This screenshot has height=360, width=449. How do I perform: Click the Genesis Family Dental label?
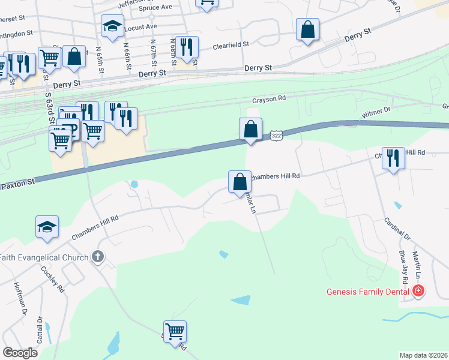[368, 292]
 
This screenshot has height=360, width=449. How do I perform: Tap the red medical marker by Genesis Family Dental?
[418, 292]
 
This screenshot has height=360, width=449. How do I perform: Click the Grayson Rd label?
[268, 101]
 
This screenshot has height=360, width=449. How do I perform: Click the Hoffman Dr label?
[20, 299]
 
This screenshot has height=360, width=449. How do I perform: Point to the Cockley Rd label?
[53, 278]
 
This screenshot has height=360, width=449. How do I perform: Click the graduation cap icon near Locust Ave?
[112, 26]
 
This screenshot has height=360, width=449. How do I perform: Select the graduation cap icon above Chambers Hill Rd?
[47, 227]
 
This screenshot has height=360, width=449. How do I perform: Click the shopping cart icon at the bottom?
[175, 331]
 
